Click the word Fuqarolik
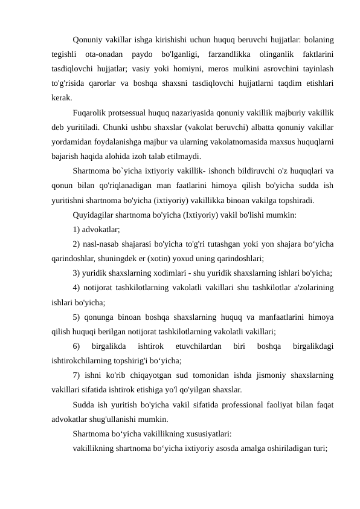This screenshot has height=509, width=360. tap(89, 112)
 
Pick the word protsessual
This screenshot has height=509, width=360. tap(135, 112)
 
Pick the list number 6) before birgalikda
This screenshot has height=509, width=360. tap(77, 345)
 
